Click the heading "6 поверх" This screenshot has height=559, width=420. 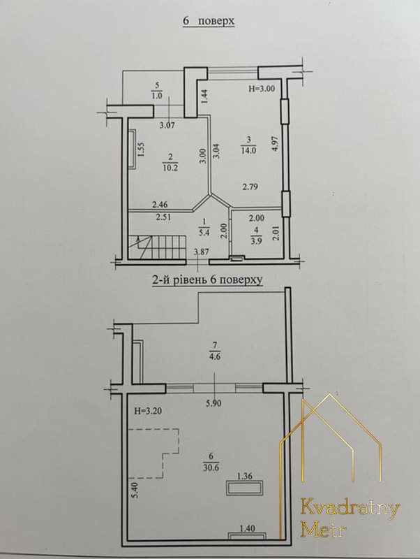point(209,21)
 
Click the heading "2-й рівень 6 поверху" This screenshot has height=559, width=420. point(207,280)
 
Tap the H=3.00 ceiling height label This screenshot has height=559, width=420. point(262,89)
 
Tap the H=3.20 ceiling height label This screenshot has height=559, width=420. point(148,411)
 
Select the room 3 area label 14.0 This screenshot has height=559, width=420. point(248,150)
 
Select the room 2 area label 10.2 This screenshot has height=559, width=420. point(170,168)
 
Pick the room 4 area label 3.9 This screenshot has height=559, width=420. point(255,240)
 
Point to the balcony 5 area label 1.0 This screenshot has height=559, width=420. point(157,96)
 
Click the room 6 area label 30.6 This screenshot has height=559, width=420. point(211,467)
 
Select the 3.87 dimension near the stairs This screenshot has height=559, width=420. point(202,252)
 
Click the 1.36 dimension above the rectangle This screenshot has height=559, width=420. point(246,476)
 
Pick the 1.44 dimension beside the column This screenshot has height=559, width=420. point(205,96)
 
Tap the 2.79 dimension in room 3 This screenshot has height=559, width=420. point(250,187)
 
